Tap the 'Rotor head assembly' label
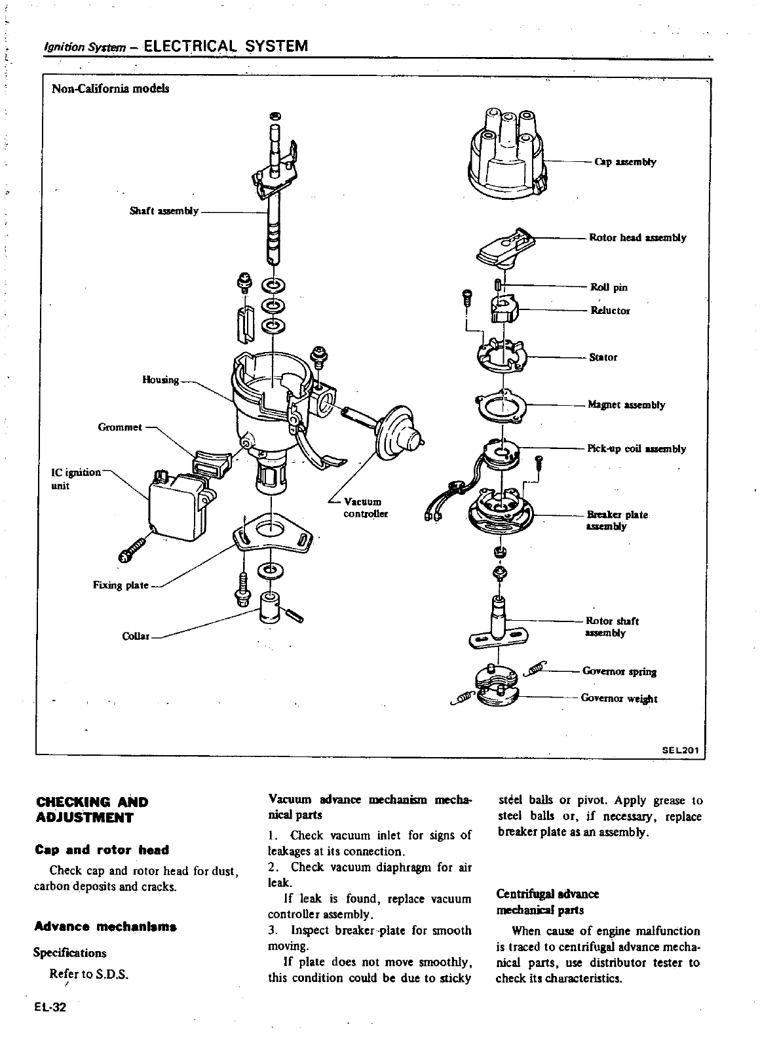coord(637,237)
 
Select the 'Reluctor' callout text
coord(609,311)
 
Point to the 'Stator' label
coord(603,357)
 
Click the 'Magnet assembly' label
coord(626,405)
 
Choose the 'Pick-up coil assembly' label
coord(636,449)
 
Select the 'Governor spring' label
coord(618,671)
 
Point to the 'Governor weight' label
coord(618,699)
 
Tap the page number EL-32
coord(50,1008)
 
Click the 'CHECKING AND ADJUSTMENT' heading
coord(91,810)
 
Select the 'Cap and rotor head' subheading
coord(101,850)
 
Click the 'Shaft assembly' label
coord(164,211)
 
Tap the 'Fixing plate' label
coord(121,585)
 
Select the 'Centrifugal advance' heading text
coord(548,894)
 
